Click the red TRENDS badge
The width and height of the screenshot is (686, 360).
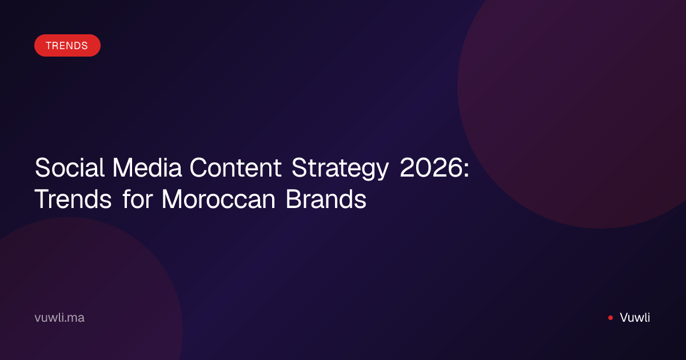coord(67,45)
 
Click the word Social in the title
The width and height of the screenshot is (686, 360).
coord(70,167)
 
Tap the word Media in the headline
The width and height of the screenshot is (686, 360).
coord(147,167)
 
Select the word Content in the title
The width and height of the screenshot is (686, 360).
coord(236,167)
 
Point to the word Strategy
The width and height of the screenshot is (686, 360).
coord(340,169)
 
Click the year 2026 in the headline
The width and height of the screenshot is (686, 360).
coord(431,167)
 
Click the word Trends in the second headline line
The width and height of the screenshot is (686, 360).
coord(73,199)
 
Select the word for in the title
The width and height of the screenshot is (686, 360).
coord(138,198)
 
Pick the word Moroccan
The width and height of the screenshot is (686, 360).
coord(218,199)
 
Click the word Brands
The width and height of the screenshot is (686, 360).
coord(326,198)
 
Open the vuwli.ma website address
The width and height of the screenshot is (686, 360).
coord(59,318)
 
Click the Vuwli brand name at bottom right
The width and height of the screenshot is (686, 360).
coord(635,318)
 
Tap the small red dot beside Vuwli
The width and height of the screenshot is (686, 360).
coord(611,318)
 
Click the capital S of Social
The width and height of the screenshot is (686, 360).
coord(42,167)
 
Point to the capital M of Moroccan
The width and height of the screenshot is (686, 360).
coord(174,199)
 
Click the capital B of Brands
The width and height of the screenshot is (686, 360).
coord(293,199)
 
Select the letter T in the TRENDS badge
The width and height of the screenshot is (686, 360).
coord(49,46)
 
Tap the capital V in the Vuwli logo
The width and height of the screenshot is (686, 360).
coord(625,318)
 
